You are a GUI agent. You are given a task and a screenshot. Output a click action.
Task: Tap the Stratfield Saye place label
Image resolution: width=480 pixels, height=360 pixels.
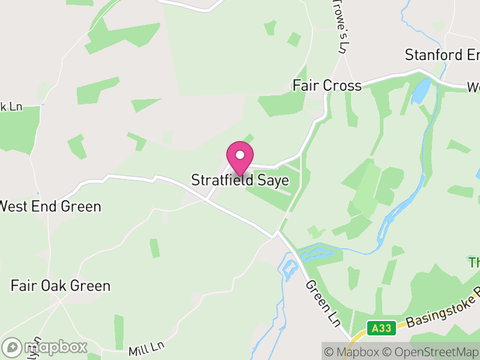240,180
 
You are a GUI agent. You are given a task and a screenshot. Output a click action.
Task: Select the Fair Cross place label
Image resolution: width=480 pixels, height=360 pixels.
327,86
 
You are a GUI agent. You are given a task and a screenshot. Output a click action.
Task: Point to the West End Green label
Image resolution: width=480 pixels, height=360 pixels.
50,206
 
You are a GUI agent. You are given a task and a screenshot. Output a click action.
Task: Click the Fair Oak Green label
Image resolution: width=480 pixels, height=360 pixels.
61,286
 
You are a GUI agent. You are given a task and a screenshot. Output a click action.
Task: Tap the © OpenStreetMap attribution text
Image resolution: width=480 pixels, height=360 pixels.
430,352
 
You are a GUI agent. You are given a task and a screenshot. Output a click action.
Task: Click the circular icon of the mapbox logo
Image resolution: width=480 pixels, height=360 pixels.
12,347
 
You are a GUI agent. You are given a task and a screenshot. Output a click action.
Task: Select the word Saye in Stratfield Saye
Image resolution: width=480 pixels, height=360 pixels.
274,180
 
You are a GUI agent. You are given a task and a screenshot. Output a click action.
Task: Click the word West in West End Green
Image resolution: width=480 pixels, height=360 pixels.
15,206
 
